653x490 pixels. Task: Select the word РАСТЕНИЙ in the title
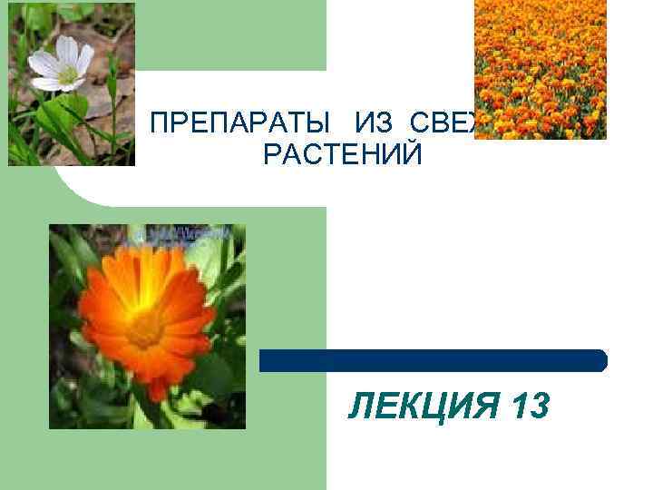coord(342,154)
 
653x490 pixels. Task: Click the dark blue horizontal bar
coord(433,360)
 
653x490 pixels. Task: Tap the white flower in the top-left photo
coord(60,63)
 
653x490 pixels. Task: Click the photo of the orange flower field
coord(541,69)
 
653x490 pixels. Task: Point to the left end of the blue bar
coord(264,360)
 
